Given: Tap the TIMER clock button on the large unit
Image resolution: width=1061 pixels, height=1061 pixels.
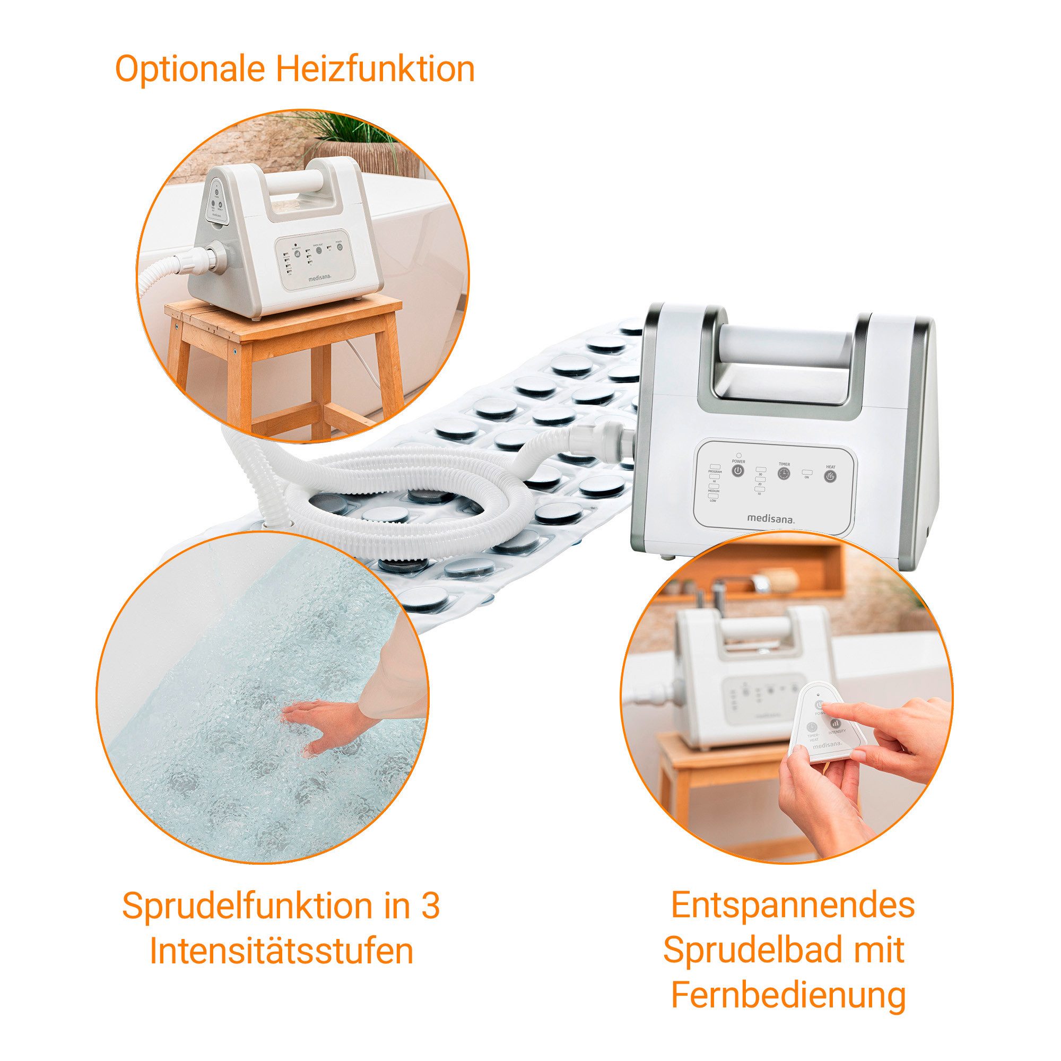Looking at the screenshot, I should [784, 474].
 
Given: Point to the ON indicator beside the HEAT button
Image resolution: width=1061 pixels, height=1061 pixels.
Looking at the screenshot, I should [807, 472].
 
